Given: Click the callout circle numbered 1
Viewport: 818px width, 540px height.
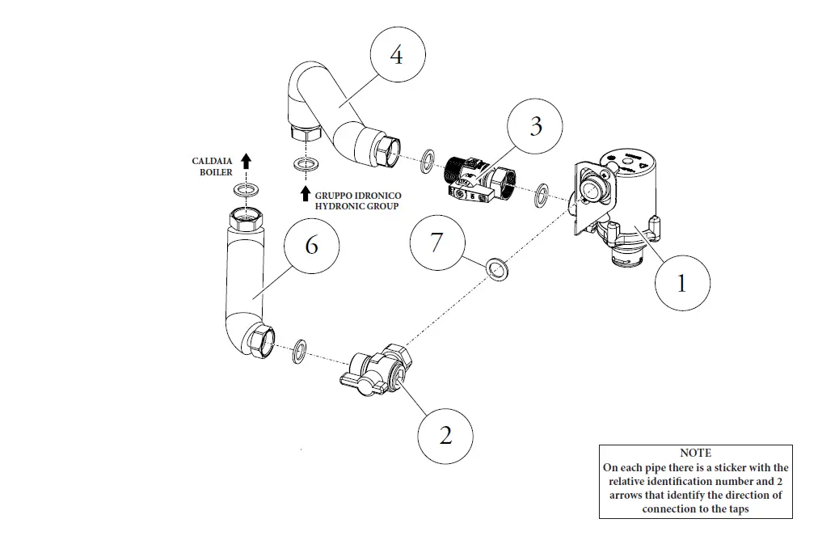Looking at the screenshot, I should click(681, 283).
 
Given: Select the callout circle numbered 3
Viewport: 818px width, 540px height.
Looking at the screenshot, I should click(536, 127).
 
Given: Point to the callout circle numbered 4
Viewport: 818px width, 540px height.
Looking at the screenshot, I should click(396, 56).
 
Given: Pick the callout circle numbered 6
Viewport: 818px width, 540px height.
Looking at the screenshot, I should click(312, 245).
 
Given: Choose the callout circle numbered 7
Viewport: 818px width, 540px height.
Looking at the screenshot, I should click(437, 242).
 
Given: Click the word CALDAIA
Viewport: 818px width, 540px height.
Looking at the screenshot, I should click(212, 162).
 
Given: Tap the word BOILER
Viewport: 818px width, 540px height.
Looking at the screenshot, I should click(216, 172).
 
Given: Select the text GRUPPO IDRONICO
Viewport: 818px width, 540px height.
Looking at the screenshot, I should click(358, 196).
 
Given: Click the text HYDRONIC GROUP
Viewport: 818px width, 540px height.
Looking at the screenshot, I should click(358, 207).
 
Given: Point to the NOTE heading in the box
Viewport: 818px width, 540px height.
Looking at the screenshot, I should click(695, 453).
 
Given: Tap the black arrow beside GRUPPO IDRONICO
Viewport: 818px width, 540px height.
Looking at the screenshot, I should click(305, 193).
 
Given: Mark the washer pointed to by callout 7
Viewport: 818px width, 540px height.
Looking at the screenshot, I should click(495, 269).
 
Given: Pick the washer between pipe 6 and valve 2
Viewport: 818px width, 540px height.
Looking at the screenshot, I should click(299, 350).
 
